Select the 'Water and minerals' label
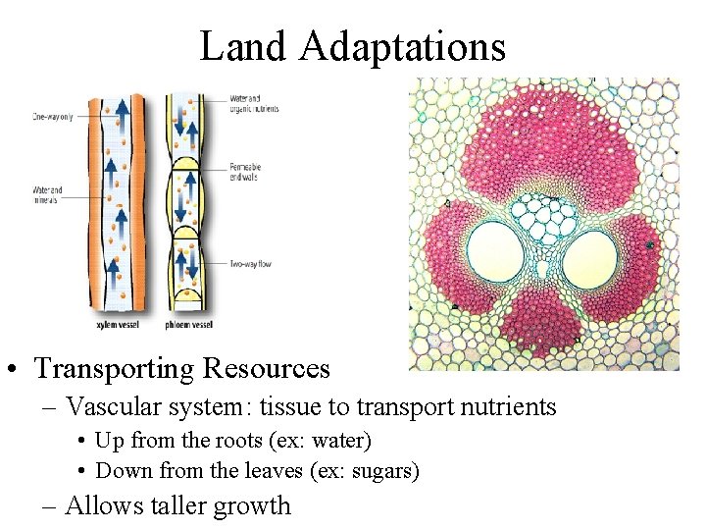point(48,194)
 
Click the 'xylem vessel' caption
point(116,323)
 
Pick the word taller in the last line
point(176,506)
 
